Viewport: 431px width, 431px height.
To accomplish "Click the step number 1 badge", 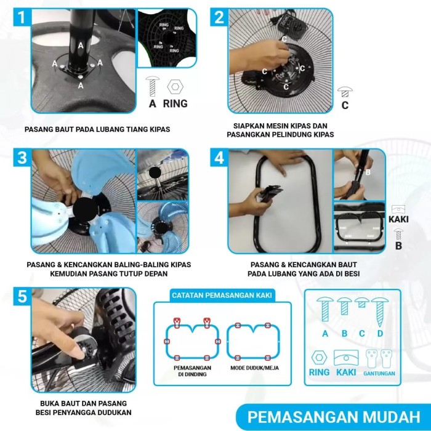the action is click(22, 17).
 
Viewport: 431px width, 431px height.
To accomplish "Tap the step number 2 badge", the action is click(219, 17).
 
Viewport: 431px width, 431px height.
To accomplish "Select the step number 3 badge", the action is click(22, 158).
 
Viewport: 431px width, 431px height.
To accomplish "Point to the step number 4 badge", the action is click(219, 158).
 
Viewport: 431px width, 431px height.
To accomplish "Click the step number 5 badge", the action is click(22, 297).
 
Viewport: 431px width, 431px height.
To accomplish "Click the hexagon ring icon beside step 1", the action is click(175, 87).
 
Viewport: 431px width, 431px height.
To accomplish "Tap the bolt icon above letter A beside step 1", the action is click(153, 86).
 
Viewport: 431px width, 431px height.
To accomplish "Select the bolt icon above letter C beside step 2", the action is click(345, 92).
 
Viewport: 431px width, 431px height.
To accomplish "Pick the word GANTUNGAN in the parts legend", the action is click(379, 373).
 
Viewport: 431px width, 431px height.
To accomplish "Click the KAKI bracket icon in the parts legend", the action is click(346, 358).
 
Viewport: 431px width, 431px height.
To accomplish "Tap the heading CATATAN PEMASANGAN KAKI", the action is click(222, 295).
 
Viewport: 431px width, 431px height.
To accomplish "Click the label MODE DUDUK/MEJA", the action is click(254, 368).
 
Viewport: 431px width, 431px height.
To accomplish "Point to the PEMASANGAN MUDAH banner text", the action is click(334, 417).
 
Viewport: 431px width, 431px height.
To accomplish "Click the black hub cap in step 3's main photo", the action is click(85, 210).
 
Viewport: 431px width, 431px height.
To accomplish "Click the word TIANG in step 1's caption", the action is click(137, 129).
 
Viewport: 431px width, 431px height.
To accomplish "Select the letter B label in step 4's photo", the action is click(368, 172).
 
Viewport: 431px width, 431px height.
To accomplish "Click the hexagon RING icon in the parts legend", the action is click(319, 357).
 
